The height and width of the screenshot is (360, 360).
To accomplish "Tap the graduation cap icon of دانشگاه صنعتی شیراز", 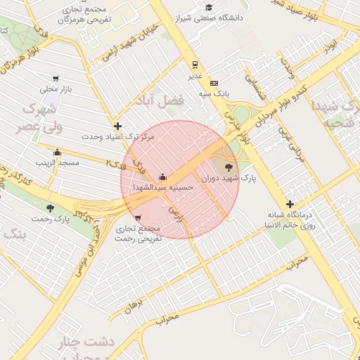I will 209,7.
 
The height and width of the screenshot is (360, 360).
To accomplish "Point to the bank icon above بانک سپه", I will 214,83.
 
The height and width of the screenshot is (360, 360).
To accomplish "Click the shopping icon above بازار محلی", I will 55,79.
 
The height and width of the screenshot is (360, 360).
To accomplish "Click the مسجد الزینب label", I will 58,162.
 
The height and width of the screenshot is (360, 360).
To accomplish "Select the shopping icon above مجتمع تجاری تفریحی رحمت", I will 136,218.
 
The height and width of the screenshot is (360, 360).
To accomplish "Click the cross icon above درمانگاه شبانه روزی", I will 290,204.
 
